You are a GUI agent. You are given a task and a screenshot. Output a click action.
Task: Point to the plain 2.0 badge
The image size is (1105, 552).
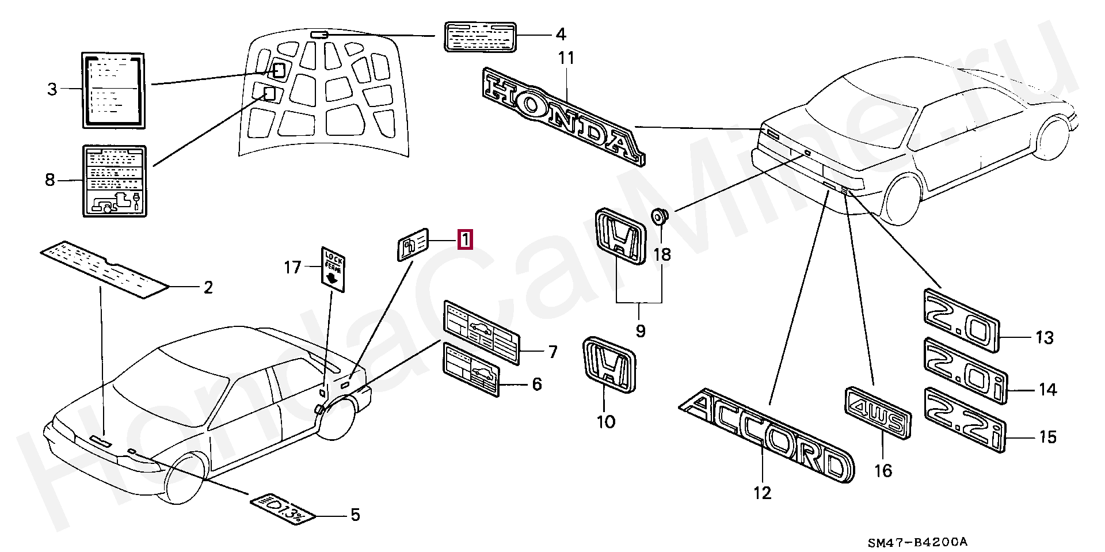(961, 321)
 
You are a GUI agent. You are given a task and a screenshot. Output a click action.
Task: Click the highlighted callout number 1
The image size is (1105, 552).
(465, 239)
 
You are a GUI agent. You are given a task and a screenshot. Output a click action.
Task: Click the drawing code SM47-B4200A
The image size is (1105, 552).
(917, 542)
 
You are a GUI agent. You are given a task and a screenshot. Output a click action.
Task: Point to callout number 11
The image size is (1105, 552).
(566, 59)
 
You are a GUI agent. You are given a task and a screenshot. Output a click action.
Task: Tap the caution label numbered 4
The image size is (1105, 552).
(480, 36)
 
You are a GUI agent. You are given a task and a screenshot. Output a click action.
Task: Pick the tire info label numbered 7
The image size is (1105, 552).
(481, 332)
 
